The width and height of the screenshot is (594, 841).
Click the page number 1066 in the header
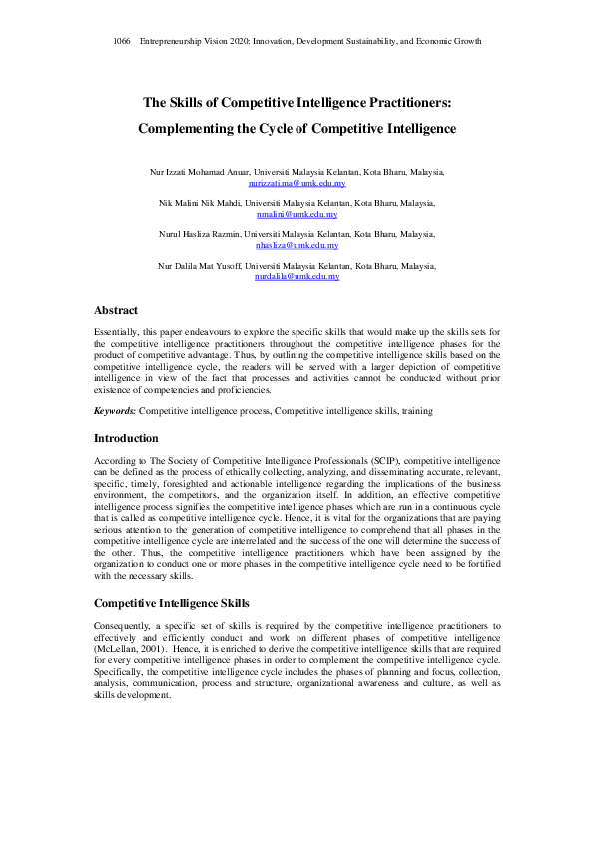point(123,41)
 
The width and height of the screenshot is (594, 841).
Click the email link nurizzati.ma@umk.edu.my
point(297,184)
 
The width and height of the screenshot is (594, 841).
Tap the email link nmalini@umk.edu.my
point(297,214)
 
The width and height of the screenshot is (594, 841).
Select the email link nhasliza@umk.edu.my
point(297,244)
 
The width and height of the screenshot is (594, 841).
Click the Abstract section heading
point(116,310)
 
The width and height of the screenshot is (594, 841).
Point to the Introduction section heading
point(126,438)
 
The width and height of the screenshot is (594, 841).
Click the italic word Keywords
point(115,411)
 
